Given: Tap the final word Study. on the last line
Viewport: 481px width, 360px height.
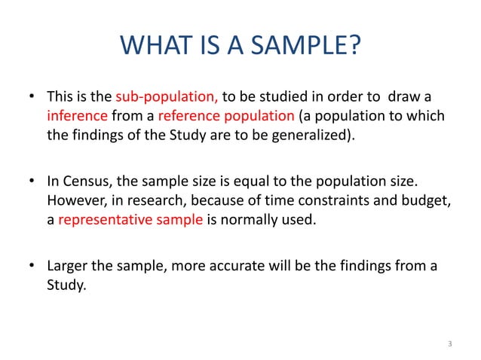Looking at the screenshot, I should pos(67,286).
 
